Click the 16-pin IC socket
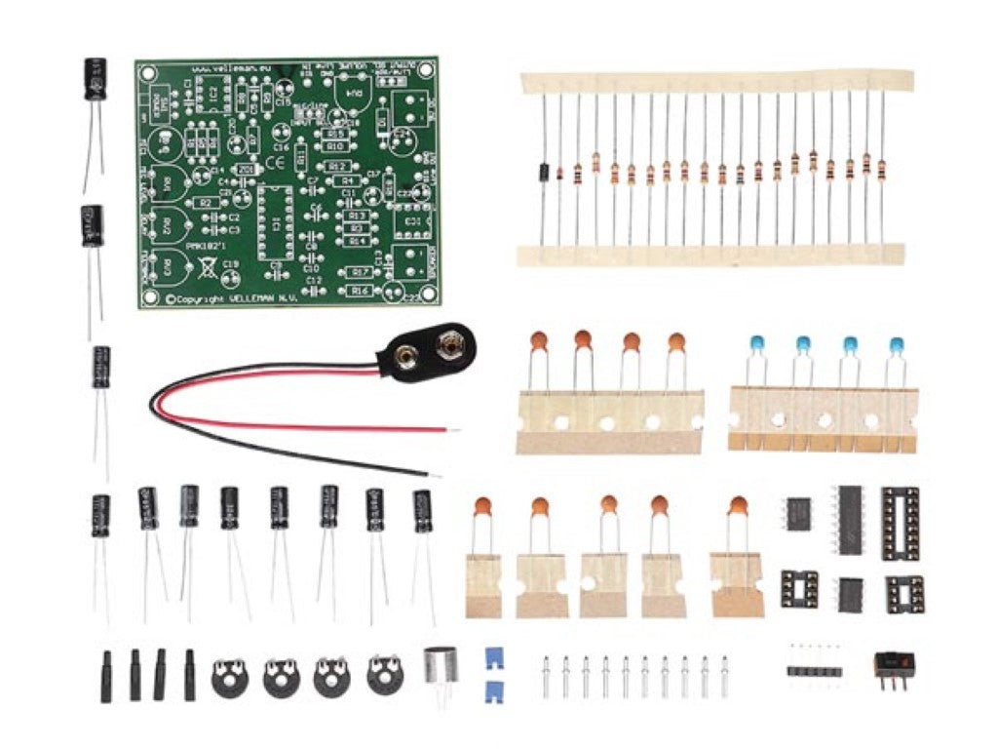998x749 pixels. click(901, 523)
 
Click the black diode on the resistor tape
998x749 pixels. click(540, 173)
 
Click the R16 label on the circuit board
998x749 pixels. click(360, 291)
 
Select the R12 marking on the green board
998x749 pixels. click(338, 167)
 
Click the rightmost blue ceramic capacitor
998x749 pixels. click(896, 345)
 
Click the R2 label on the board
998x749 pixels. click(206, 202)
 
